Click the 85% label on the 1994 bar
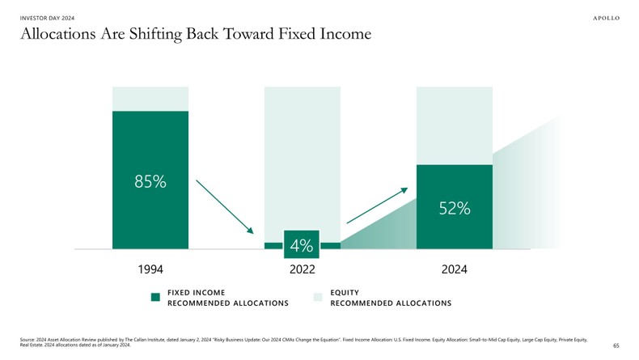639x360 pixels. [x=150, y=181]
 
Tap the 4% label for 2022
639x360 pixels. [x=302, y=244]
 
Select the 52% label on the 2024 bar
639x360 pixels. [x=455, y=208]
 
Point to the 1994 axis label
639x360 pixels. [x=150, y=269]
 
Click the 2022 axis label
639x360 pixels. [x=302, y=269]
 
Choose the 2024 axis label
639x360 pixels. [x=455, y=269]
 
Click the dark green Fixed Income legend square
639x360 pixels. [x=156, y=297]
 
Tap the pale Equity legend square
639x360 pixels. [x=318, y=297]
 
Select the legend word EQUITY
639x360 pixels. [x=345, y=292]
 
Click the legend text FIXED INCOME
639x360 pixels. [x=197, y=292]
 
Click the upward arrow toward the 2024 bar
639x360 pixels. [x=377, y=205]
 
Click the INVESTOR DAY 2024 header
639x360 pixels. [x=47, y=18]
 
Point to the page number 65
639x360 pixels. [x=616, y=345]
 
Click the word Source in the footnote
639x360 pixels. [x=28, y=340]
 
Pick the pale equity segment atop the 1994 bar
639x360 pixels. [x=150, y=98]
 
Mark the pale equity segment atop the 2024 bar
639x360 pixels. [x=455, y=125]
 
